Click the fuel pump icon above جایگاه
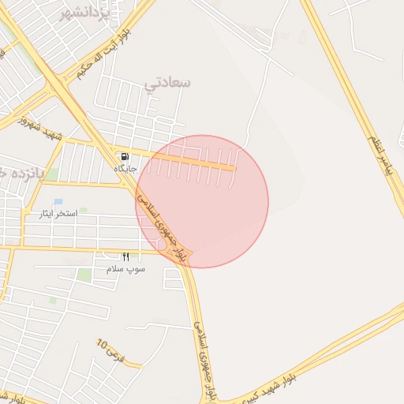[x=125, y=156]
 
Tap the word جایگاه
[x=125, y=169]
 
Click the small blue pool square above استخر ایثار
[x=58, y=202]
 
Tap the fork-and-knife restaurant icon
[x=125, y=256]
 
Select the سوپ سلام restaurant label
[x=126, y=269]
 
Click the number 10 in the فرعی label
[x=101, y=343]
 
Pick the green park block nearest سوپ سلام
[x=84, y=275]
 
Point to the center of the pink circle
[x=202, y=201]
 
